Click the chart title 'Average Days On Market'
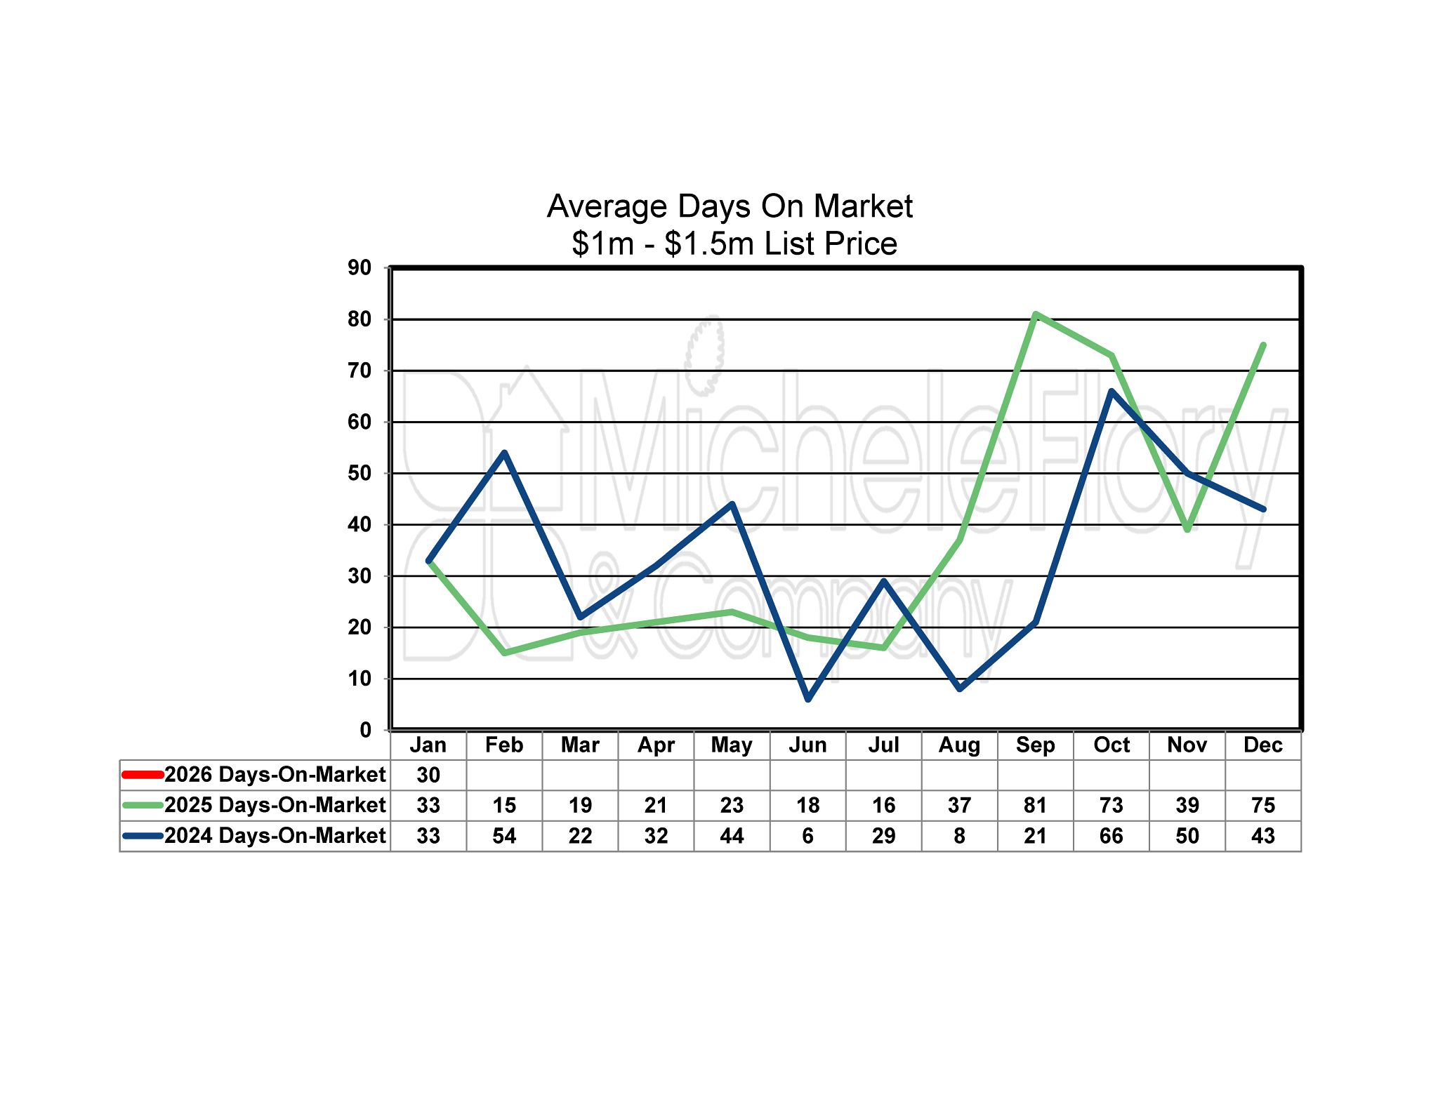pos(730,206)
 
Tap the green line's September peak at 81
pos(1036,314)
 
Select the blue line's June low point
pos(808,699)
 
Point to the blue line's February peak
pos(504,453)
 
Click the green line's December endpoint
pos(1263,345)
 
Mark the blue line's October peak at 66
pos(1112,391)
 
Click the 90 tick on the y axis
pos(359,267)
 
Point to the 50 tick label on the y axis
pos(359,473)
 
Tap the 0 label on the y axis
pos(365,730)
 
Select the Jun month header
pos(807,745)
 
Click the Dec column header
pos(1262,745)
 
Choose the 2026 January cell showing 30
pos(428,775)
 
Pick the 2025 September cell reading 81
pos(1035,805)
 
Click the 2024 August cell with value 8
pos(959,836)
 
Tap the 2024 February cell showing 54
pos(504,836)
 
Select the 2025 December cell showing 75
pos(1262,805)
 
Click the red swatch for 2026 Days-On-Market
pos(143,775)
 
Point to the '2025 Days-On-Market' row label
pos(275,805)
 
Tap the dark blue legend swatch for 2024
pos(143,836)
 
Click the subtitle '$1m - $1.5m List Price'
pos(734,244)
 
